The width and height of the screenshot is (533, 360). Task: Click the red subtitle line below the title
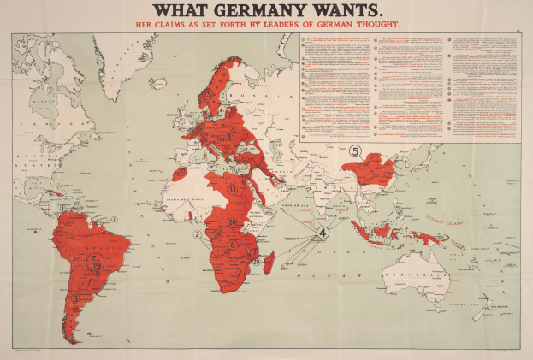pyautogui.click(x=266, y=25)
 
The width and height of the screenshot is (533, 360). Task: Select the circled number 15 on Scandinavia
pyautogui.click(x=208, y=93)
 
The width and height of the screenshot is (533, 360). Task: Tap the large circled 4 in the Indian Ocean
pyautogui.click(x=323, y=232)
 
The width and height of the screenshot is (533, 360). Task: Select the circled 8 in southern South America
pyautogui.click(x=76, y=299)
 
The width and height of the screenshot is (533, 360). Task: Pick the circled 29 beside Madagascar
pyautogui.click(x=257, y=262)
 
